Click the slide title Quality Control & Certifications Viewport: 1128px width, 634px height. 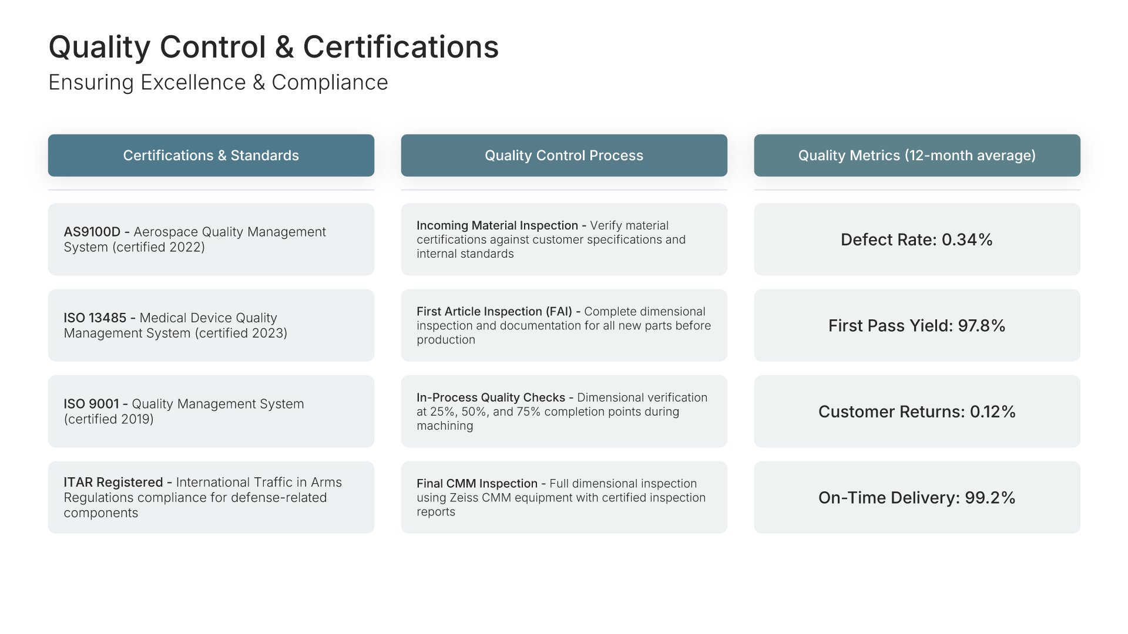tap(273, 47)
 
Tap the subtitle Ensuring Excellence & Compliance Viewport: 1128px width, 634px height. tap(218, 83)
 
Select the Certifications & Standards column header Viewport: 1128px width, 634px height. tap(211, 156)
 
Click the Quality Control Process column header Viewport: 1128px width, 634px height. tap(564, 156)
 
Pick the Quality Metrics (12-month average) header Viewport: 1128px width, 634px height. tap(917, 156)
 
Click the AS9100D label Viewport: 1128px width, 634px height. tap(92, 232)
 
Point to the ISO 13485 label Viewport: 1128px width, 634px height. tap(95, 318)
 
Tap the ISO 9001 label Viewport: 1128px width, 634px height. tap(91, 404)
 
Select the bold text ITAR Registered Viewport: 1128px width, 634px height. tap(113, 483)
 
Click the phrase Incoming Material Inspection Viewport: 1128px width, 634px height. tap(498, 225)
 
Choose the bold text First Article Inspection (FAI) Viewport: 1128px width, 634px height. tap(494, 312)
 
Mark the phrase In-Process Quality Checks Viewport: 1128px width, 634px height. tap(491, 397)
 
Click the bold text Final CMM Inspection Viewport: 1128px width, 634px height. tap(477, 484)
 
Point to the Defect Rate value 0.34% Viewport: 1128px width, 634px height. tap(967, 240)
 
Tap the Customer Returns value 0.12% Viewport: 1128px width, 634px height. tap(993, 412)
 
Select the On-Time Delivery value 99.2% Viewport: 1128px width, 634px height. tap(990, 498)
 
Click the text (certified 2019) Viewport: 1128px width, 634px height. tap(109, 419)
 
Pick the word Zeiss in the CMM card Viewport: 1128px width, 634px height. tap(464, 498)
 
